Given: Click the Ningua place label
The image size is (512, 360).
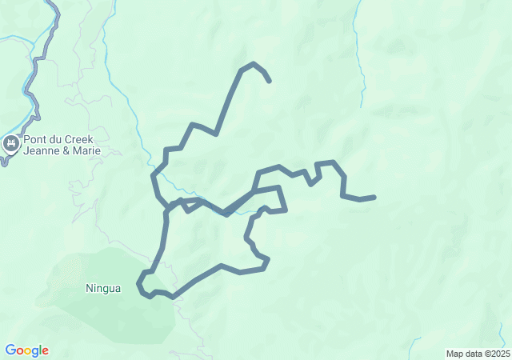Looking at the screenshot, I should [x=103, y=288].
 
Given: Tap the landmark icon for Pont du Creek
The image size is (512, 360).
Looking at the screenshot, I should [x=11, y=143].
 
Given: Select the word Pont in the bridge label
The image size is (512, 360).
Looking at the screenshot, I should [x=37, y=138].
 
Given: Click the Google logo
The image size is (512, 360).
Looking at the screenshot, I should [x=26, y=350].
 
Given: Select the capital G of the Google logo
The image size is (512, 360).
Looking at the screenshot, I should [x=10, y=350].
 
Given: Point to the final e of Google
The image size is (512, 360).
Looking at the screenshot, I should [x=45, y=351].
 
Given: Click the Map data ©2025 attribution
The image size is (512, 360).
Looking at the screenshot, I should [x=477, y=354].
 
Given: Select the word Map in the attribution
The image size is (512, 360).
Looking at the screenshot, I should [x=454, y=354].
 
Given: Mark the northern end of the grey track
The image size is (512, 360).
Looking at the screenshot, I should [x=269, y=81].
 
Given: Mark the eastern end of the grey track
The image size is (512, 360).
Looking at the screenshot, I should [x=374, y=197].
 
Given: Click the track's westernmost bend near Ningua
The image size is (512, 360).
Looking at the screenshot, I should [x=139, y=282].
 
